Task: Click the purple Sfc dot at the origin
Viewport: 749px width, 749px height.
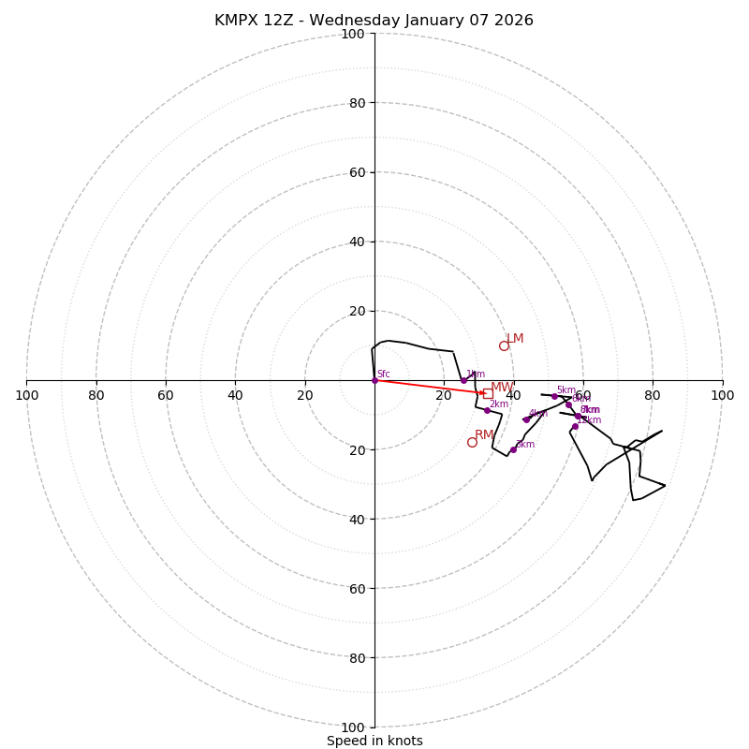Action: pyautogui.click(x=374, y=380)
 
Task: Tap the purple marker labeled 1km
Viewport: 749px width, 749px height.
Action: pyautogui.click(x=463, y=380)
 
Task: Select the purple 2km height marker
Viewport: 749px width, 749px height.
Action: pyautogui.click(x=487, y=410)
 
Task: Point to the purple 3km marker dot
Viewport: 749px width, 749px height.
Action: pyautogui.click(x=513, y=449)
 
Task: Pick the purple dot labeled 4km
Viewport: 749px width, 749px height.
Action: pyautogui.click(x=526, y=419)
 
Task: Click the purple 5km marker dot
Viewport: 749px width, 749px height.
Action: pyautogui.click(x=554, y=396)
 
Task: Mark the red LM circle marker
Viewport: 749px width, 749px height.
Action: pyautogui.click(x=504, y=345)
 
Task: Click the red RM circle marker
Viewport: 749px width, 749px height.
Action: pyautogui.click(x=472, y=442)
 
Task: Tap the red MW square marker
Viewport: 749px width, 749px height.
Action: pyautogui.click(x=488, y=393)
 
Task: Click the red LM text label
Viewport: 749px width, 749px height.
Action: pyautogui.click(x=515, y=339)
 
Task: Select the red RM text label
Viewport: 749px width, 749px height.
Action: pyautogui.click(x=484, y=435)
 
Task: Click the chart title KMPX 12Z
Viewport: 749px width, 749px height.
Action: pyautogui.click(x=374, y=21)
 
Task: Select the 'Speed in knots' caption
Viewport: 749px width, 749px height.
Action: pyautogui.click(x=374, y=742)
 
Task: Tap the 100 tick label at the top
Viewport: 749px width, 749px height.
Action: pyautogui.click(x=353, y=34)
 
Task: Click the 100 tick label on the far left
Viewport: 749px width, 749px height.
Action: pyautogui.click(x=26, y=395)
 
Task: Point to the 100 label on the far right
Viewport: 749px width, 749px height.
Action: pyautogui.click(x=722, y=395)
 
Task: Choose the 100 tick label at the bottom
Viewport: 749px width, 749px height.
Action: pyautogui.click(x=353, y=727)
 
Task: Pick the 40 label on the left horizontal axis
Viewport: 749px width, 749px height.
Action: pyautogui.click(x=235, y=395)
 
